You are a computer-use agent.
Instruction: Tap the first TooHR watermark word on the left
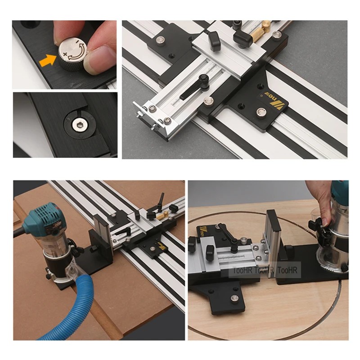[242, 270]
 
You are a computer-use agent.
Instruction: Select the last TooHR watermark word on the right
[288, 270]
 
